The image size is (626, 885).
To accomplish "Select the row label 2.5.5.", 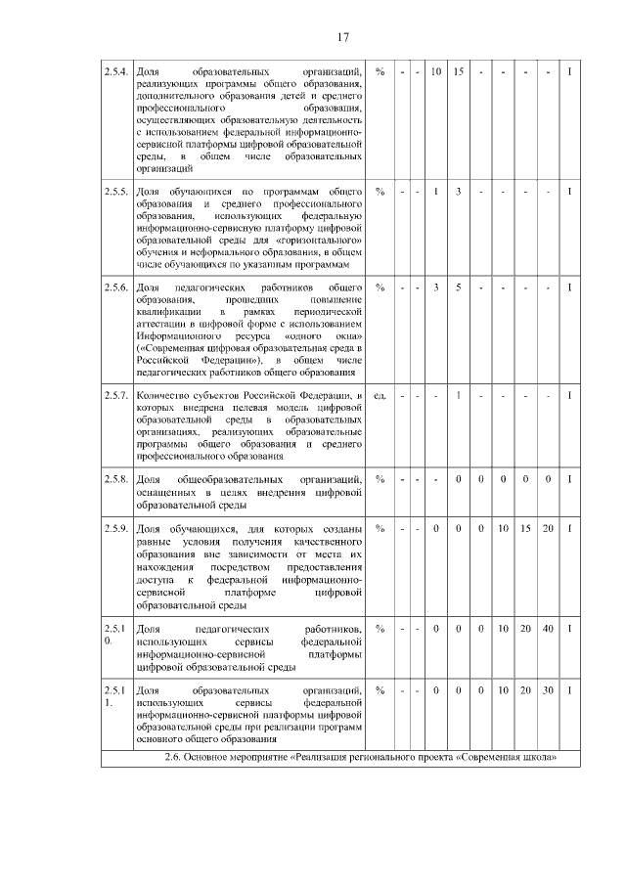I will [116, 190].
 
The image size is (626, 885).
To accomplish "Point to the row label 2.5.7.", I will [116, 395].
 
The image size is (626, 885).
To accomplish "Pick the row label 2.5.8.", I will [116, 479].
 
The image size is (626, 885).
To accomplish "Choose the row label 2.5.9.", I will [116, 529].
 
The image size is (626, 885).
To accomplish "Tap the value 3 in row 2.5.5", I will [458, 190].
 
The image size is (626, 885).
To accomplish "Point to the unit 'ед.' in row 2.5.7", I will [380, 395].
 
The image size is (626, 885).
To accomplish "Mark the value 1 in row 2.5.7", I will [458, 395].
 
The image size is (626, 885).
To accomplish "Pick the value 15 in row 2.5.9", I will [525, 529].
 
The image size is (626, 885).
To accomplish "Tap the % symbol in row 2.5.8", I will [380, 479].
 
